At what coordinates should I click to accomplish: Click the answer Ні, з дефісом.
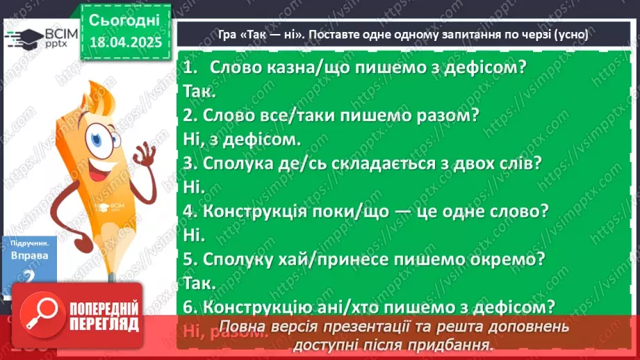coord(242,138)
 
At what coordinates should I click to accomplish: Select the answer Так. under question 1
coord(202,91)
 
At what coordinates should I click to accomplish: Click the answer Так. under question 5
coord(202,282)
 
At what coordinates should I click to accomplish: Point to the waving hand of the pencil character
coord(147,152)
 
